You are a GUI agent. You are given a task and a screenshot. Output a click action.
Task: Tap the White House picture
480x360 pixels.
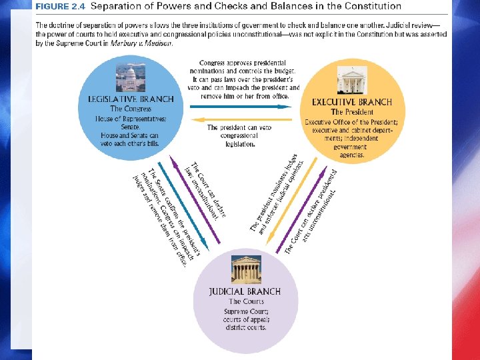click(x=352, y=81)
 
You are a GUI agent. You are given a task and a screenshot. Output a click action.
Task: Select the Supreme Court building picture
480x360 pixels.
click(x=245, y=270)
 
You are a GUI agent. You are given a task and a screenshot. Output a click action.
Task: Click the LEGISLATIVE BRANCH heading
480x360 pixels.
click(x=131, y=99)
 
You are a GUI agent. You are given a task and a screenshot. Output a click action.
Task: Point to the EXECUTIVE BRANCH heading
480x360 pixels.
click(x=352, y=103)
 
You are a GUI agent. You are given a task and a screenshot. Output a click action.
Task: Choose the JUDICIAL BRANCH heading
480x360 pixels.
click(x=245, y=291)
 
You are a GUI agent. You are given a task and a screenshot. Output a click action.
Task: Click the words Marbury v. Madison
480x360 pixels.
click(x=147, y=43)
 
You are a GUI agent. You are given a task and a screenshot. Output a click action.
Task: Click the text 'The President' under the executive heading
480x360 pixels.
click(x=352, y=112)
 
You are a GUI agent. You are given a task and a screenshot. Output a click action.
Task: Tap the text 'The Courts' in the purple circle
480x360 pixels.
click(x=245, y=301)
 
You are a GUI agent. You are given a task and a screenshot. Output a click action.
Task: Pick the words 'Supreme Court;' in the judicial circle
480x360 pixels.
click(x=245, y=311)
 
